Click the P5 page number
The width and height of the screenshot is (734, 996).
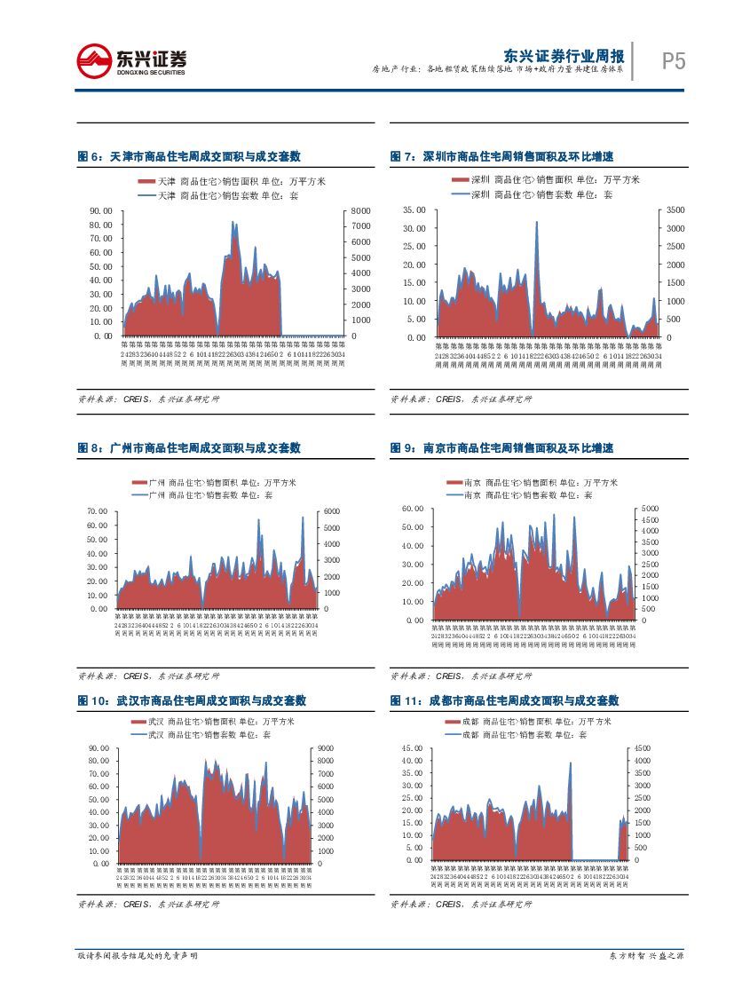point(674,61)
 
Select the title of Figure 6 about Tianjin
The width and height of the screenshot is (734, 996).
point(189,157)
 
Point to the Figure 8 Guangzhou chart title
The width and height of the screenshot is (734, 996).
point(189,449)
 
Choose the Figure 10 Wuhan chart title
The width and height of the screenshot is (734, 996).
point(189,701)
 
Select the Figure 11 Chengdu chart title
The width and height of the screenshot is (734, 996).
point(504,701)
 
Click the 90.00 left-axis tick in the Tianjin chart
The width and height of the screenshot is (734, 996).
point(101,210)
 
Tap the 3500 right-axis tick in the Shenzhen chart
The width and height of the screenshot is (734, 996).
point(675,210)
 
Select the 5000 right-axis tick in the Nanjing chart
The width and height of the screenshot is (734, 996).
point(651,509)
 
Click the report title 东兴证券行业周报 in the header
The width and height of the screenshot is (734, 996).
point(563,53)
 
